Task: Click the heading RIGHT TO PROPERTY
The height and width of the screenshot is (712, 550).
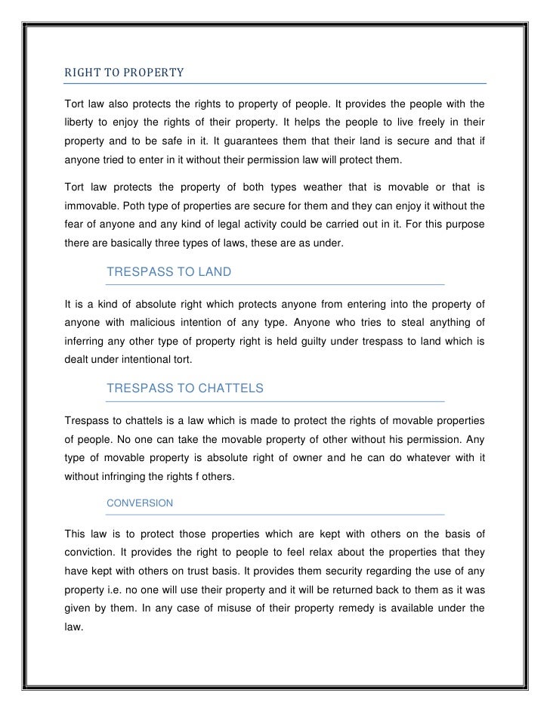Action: point(124,74)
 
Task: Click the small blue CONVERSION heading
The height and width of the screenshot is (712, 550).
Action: point(141,503)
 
